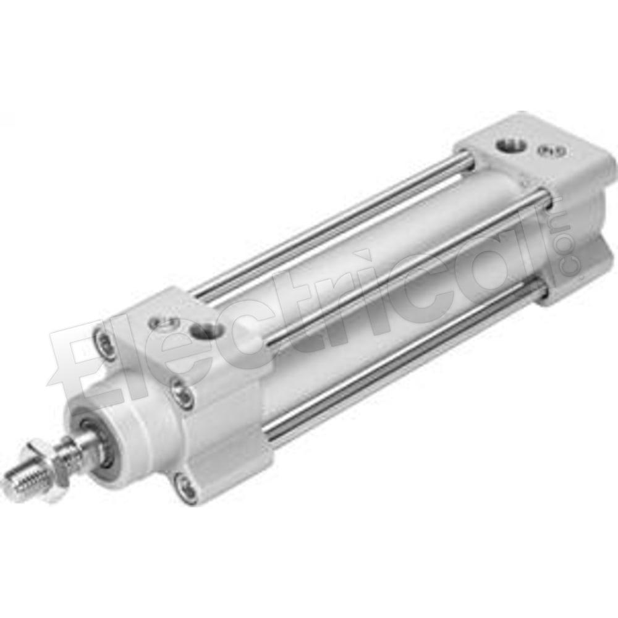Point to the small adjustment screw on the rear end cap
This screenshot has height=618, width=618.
point(546,150)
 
